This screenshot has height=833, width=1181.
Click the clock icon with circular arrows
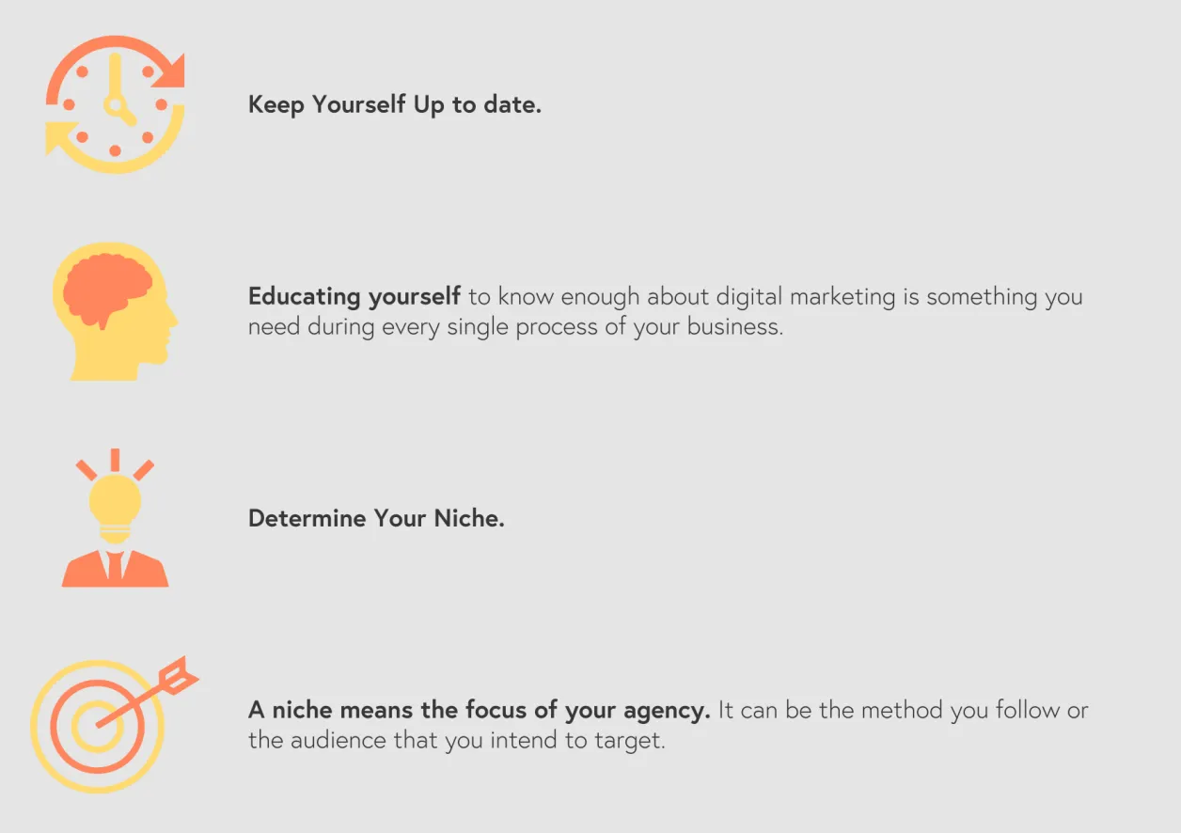pos(115,104)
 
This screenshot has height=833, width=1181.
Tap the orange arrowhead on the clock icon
pos(170,71)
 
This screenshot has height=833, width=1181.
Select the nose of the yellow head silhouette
pos(172,318)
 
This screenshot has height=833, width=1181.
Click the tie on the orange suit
pos(115,566)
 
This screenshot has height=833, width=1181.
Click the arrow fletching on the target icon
pos(179,675)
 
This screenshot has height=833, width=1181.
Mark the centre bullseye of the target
pos(98,727)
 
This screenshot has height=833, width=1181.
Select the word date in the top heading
pos(512,104)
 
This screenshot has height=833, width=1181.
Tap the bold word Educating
pos(305,297)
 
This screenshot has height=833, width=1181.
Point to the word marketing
pos(842,297)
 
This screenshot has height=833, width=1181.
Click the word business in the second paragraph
pos(735,326)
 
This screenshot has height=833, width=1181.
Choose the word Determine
pos(307,518)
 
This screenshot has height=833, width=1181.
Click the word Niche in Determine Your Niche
pos(468,518)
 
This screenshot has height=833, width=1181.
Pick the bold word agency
pos(667,711)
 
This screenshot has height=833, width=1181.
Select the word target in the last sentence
pos(629,741)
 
